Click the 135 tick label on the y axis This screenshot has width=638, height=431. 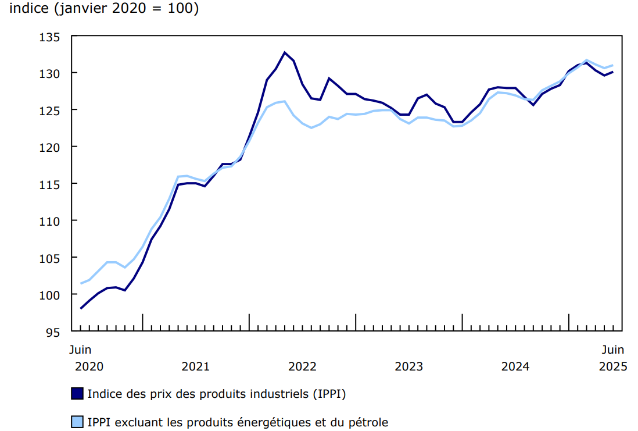click(51, 37)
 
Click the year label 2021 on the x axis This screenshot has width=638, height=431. click(196, 366)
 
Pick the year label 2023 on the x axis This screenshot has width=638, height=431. click(409, 366)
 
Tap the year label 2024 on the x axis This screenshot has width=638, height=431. click(515, 366)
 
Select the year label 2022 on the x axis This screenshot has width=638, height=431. click(302, 366)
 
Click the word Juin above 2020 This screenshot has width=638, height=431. click(80, 350)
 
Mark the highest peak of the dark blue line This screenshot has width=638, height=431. click(285, 52)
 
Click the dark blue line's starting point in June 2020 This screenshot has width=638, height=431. click(81, 308)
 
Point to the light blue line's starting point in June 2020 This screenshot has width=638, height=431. click(81, 283)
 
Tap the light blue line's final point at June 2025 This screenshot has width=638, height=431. click(613, 65)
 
